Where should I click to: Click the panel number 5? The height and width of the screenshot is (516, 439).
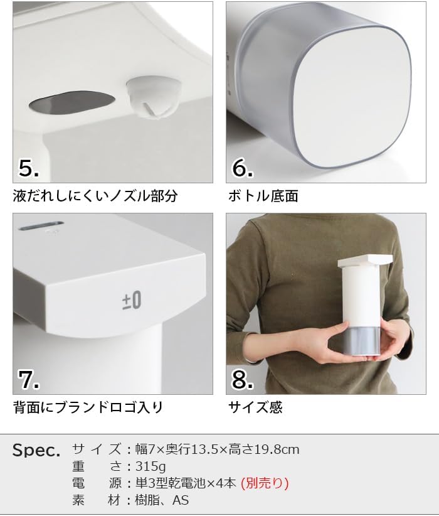coord(29,168)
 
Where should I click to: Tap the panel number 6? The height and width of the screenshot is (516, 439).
coord(243,168)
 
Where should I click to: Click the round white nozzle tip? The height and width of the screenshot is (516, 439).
coord(152,97)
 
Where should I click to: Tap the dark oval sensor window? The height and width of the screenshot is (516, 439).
coord(71,103)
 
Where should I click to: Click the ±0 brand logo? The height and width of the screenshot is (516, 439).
coord(132,300)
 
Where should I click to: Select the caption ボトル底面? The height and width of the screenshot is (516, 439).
coord(263,196)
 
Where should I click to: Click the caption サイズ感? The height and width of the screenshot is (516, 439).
coord(255,407)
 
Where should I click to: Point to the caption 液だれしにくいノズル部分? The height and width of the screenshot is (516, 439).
coord(95,196)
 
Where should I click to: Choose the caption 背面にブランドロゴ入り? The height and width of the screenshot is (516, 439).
coord(88,407)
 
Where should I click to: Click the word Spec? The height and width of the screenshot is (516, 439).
coord(36,450)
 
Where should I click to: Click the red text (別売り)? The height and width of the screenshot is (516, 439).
coord(265,483)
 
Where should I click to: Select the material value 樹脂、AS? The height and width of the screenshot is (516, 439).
coord(162,500)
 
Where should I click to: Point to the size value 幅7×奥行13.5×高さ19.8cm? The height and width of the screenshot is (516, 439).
coord(218,449)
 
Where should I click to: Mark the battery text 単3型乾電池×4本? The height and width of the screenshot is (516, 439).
coord(186,483)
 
